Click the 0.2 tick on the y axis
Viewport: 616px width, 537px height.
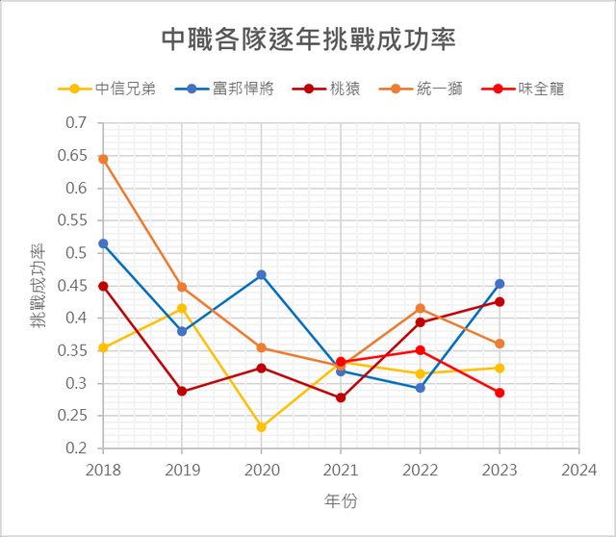tap(78, 448)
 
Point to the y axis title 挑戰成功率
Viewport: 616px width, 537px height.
tap(38, 286)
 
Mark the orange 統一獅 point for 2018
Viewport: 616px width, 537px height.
tap(103, 159)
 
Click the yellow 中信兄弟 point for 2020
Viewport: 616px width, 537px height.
tap(262, 427)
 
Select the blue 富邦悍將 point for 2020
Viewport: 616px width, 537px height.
tap(262, 275)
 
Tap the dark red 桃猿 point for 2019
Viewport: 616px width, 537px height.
tap(182, 392)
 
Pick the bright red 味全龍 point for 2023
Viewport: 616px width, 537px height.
tap(500, 393)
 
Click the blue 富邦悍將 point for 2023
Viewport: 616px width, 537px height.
tap(500, 284)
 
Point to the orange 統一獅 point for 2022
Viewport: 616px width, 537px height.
tap(421, 308)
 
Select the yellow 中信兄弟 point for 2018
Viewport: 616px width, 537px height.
tap(103, 347)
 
